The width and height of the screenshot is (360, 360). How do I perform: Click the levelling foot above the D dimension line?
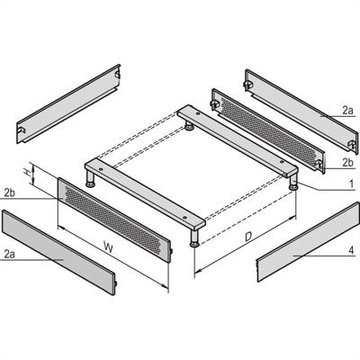click(x=195, y=240)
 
